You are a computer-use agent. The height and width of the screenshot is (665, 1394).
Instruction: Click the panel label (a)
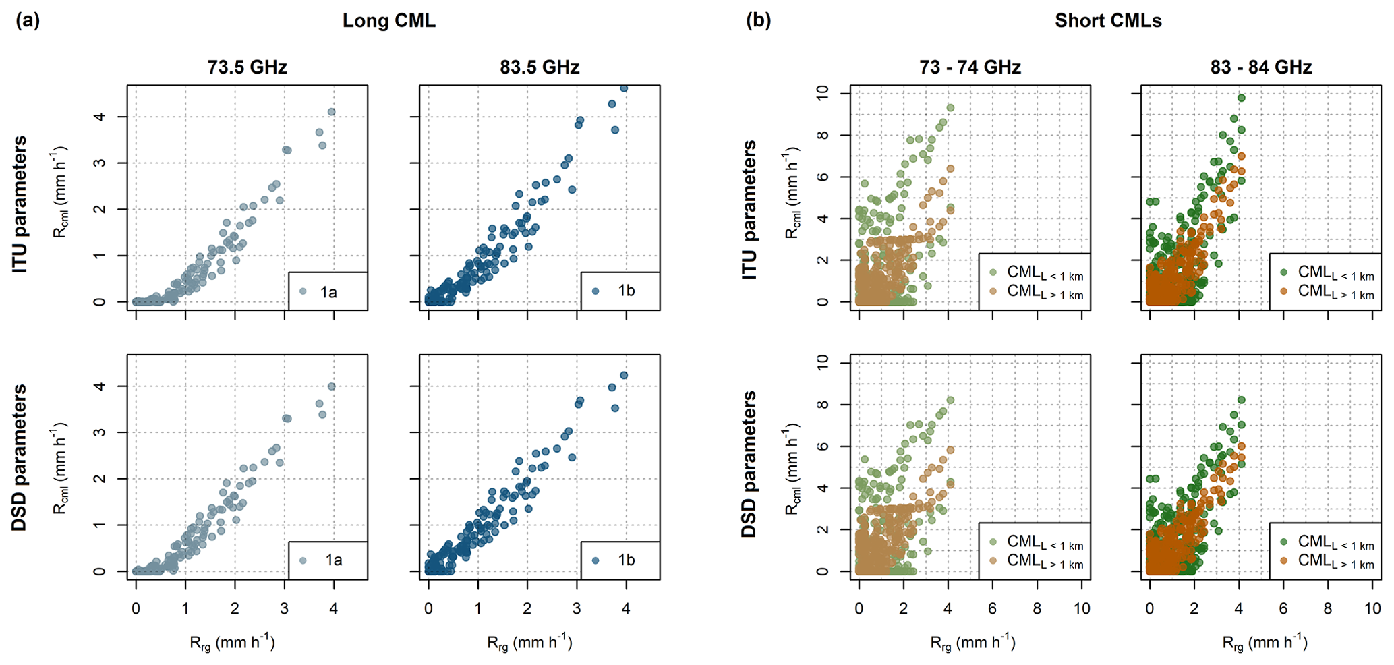click(28, 21)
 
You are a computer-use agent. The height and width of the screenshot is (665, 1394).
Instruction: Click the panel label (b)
click(758, 21)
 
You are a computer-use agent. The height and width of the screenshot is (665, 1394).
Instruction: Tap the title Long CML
click(388, 21)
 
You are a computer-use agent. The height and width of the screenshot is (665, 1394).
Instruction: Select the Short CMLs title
click(1108, 21)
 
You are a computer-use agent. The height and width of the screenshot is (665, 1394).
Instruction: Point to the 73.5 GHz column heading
click(247, 67)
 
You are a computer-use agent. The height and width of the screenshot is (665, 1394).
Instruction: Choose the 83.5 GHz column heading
click(540, 67)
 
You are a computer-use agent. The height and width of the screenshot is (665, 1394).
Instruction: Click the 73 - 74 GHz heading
click(970, 67)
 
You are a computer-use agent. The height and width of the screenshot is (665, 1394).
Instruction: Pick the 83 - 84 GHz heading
click(1260, 67)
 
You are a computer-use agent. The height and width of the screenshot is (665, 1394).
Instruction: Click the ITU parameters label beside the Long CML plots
click(20, 204)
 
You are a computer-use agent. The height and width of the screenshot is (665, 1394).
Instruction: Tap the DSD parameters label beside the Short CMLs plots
click(749, 464)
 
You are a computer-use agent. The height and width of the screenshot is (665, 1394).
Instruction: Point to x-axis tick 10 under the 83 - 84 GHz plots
click(1372, 608)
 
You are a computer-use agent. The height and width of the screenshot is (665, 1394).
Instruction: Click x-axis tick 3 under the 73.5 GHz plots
click(284, 608)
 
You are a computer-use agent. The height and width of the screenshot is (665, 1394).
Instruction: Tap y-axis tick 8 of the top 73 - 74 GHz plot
click(822, 135)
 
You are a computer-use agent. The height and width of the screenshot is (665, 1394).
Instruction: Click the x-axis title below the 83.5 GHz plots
click(529, 643)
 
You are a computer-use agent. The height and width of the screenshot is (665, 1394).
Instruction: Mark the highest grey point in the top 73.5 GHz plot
click(331, 112)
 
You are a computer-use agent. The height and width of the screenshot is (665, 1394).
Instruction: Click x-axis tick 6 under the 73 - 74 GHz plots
click(992, 608)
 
